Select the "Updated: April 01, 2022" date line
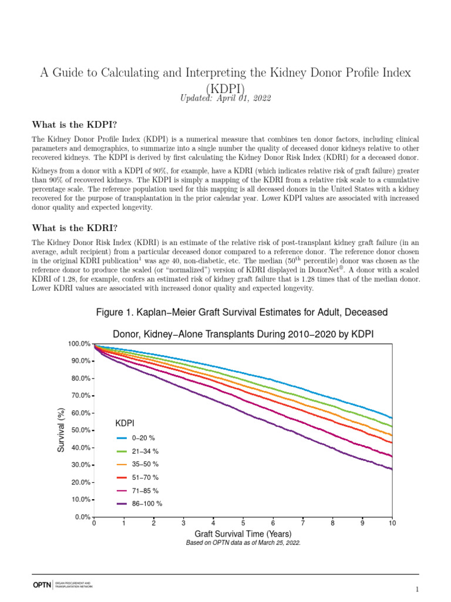(x=225, y=98)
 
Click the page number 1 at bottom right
(x=416, y=589)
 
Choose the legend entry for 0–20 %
(x=139, y=439)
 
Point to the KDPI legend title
(x=124, y=423)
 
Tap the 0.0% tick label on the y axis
(x=80, y=517)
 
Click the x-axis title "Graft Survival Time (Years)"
(x=243, y=534)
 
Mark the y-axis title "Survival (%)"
(x=60, y=430)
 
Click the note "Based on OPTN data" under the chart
(x=243, y=543)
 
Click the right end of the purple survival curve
(x=391, y=469)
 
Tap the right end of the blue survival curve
(x=391, y=417)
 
